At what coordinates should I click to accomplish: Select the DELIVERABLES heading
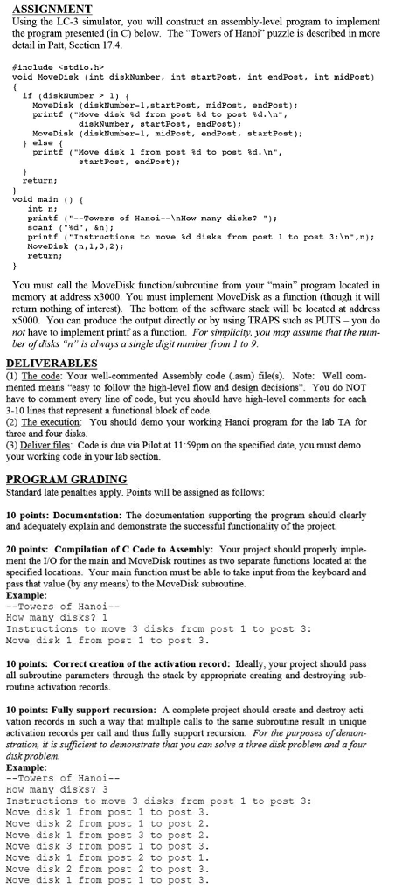50,364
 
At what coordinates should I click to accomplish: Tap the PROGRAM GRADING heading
66,479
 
